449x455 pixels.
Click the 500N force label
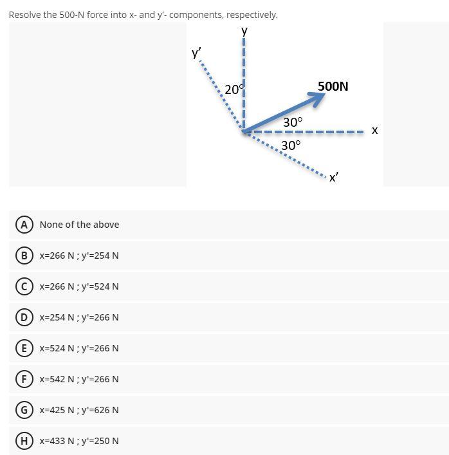pyautogui.click(x=333, y=86)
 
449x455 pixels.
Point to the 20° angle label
pyautogui.click(x=233, y=90)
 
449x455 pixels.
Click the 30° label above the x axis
pyautogui.click(x=293, y=122)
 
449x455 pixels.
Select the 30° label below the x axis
pyautogui.click(x=291, y=145)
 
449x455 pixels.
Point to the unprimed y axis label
pyautogui.click(x=244, y=30)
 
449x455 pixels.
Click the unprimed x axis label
pyautogui.click(x=374, y=131)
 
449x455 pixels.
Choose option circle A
pyautogui.click(x=24, y=225)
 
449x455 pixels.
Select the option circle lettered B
pyautogui.click(x=24, y=255)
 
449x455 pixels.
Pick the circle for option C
pyautogui.click(x=24, y=286)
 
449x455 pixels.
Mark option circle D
pyautogui.click(x=24, y=317)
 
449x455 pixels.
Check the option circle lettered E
pyautogui.click(x=24, y=348)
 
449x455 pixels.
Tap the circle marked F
pyautogui.click(x=24, y=379)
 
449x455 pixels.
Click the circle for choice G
pyautogui.click(x=24, y=410)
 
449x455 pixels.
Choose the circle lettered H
pyautogui.click(x=24, y=441)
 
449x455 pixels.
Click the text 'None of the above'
pyautogui.click(x=79, y=225)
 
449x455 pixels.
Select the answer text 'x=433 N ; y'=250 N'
pyautogui.click(x=79, y=441)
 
